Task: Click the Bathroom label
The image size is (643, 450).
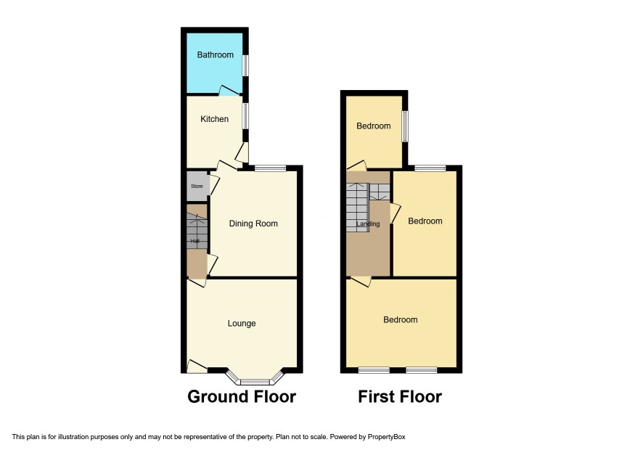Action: click(x=216, y=55)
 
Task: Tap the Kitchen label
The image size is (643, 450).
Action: click(x=215, y=119)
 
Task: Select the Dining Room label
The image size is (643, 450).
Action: click(x=253, y=224)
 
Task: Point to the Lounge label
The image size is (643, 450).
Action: click(x=242, y=324)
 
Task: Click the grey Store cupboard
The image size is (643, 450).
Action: click(x=197, y=187)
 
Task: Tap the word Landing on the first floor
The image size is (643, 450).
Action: click(x=368, y=224)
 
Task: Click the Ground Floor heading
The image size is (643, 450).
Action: click(x=242, y=397)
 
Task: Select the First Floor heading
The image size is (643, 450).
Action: click(x=400, y=397)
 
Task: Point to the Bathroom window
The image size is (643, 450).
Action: click(x=245, y=65)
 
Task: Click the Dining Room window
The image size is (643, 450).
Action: click(x=270, y=168)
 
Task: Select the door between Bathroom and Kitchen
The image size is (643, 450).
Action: click(x=229, y=91)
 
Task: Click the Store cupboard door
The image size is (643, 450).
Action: click(x=214, y=184)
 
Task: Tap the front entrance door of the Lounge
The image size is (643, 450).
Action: click(x=197, y=367)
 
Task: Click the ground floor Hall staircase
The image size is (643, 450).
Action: click(x=197, y=232)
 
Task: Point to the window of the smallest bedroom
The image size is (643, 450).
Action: click(x=405, y=126)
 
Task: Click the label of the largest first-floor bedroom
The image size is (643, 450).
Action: click(x=400, y=320)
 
